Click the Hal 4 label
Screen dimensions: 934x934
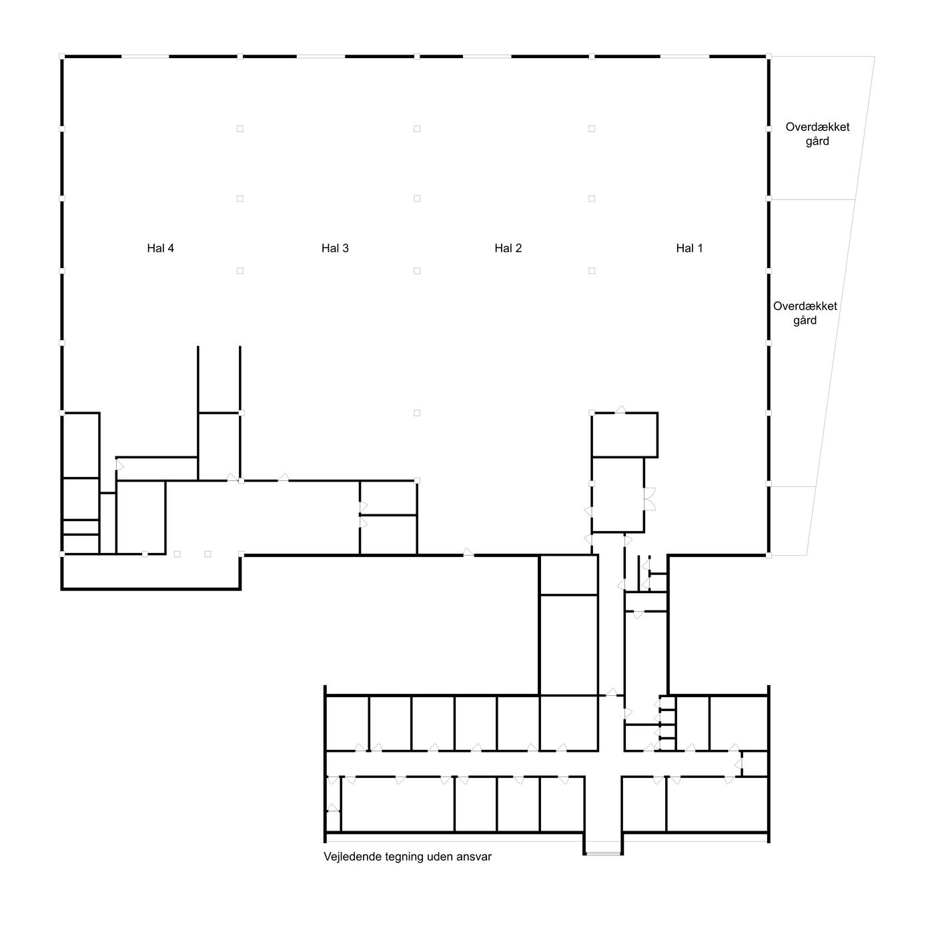tap(160, 248)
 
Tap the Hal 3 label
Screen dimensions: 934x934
tap(335, 248)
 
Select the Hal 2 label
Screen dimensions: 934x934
tap(508, 248)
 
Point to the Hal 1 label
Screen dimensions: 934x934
tap(689, 248)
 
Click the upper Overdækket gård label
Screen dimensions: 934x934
tap(817, 134)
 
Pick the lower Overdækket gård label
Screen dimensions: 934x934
tap(805, 313)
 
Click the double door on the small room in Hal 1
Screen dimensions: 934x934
tap(650, 499)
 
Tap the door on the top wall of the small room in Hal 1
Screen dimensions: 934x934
tap(620, 410)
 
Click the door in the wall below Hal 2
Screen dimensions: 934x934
tap(468, 552)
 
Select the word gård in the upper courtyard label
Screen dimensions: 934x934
tap(817, 141)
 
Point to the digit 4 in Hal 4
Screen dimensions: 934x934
tap(171, 248)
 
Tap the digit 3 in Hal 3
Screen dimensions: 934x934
tap(345, 248)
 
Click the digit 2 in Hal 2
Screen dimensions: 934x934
tap(518, 248)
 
